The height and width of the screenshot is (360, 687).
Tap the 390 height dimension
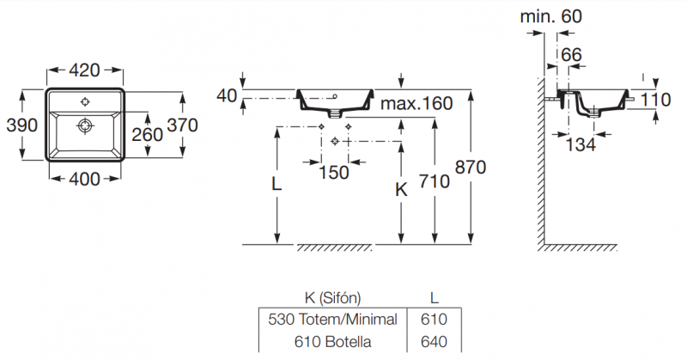pyautogui.click(x=21, y=125)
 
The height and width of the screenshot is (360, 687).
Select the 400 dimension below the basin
pyautogui.click(x=84, y=179)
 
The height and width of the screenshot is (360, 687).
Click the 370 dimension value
pyautogui.click(x=182, y=125)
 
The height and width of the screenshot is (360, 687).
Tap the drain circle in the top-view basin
pyautogui.click(x=85, y=126)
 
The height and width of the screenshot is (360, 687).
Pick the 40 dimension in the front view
pyautogui.click(x=227, y=95)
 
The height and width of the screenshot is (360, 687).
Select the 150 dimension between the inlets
pyautogui.click(x=334, y=172)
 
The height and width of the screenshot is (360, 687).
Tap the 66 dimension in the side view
pyautogui.click(x=571, y=55)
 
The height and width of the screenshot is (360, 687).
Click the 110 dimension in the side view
pyautogui.click(x=655, y=100)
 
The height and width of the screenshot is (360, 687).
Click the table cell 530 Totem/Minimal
pyautogui.click(x=332, y=320)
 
